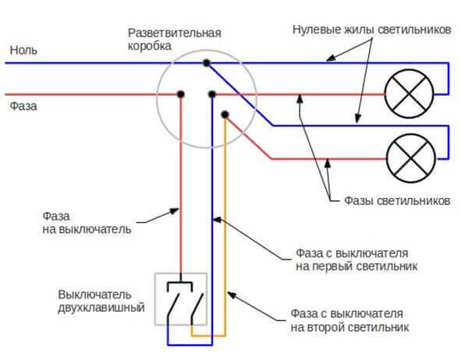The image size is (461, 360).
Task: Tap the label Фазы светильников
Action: coord(396,200)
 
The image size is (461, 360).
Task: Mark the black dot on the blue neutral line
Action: coord(205,62)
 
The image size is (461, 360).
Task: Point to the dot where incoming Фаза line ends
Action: coord(180,94)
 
